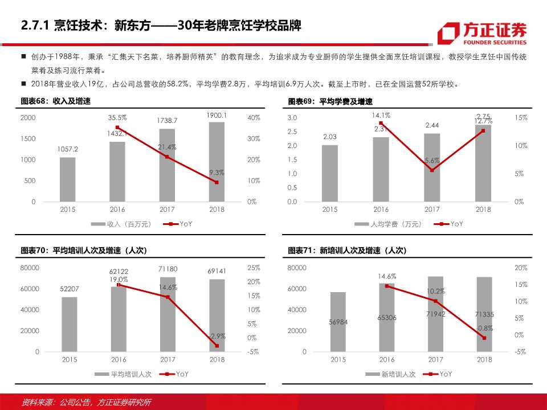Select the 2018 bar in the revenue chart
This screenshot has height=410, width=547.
pos(216,162)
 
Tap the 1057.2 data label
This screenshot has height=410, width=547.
pos(68,149)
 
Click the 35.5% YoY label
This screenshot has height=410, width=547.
pos(117,117)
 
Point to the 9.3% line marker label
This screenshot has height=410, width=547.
pos(216,173)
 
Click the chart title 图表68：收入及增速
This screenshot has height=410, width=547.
pos(55,101)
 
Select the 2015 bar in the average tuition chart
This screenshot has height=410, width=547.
pos(329,173)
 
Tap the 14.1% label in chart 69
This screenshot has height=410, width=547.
pos(381,115)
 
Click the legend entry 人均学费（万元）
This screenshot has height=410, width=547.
pos(388,224)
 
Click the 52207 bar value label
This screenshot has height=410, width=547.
pos(69,289)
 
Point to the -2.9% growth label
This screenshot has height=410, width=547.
pos(217,336)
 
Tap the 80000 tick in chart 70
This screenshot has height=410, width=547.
pos(30,268)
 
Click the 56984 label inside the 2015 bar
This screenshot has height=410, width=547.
pos(338,322)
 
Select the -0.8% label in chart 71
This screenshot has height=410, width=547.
pos(484,328)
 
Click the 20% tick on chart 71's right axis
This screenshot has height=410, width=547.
pos(520,268)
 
